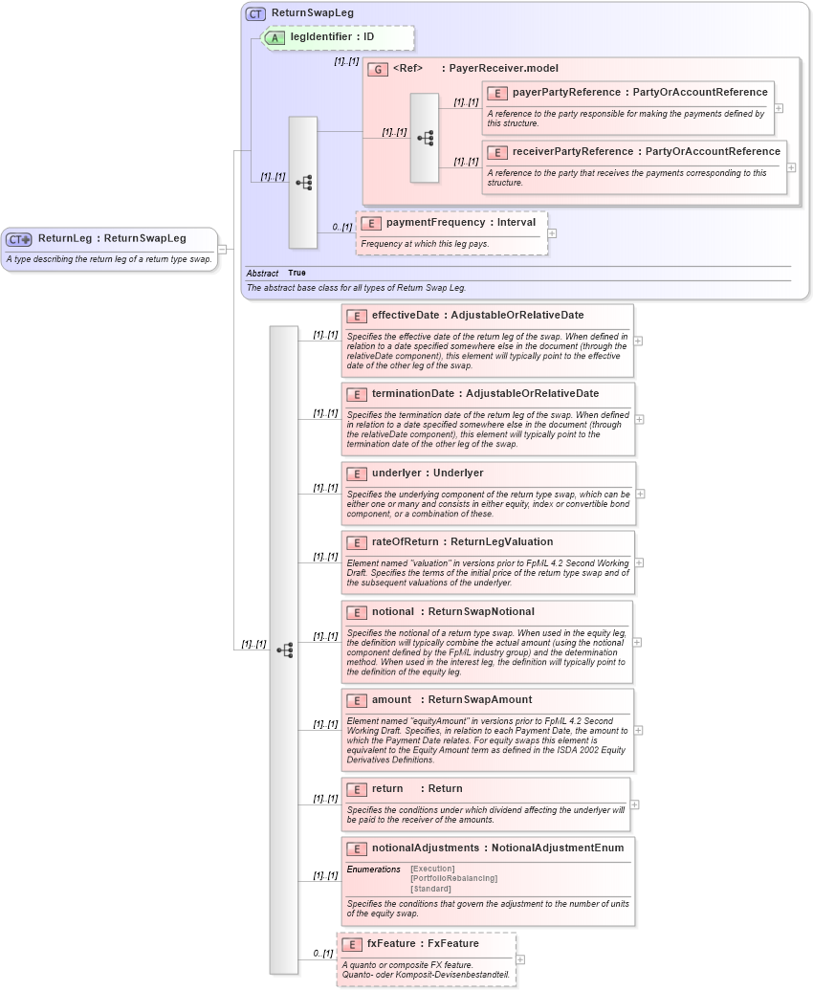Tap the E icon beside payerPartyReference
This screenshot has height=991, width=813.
[x=497, y=93]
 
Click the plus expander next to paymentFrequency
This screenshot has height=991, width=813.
[x=552, y=232]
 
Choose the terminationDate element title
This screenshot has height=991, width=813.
[x=485, y=394]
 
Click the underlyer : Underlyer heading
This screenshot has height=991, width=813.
[x=428, y=473]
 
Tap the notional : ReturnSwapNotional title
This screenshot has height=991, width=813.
[x=452, y=612]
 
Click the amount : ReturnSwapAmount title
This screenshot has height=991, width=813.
[x=451, y=700]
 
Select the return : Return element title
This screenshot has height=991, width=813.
[x=416, y=789]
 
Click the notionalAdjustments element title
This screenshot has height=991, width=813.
[x=497, y=848]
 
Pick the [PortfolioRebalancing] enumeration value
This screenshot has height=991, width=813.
[x=453, y=878]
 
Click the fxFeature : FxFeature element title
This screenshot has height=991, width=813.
[x=423, y=944]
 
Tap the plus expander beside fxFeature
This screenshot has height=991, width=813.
[x=520, y=958]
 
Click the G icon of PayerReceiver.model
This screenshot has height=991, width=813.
[x=378, y=70]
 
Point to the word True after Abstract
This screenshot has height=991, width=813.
[x=297, y=274]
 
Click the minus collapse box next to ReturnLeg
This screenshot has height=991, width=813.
[x=222, y=250]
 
